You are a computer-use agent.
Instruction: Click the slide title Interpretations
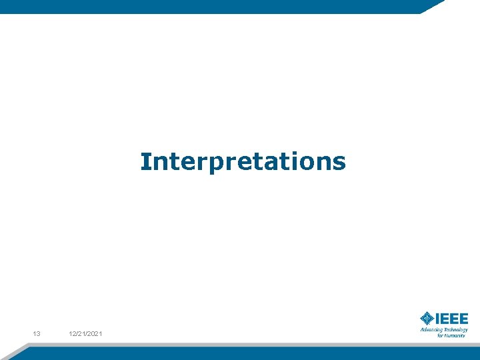pyautogui.click(x=243, y=161)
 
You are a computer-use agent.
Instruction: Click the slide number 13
pyautogui.click(x=37, y=333)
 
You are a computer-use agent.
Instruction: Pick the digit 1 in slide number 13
pyautogui.click(x=35, y=333)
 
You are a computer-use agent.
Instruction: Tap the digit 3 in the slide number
pyautogui.click(x=39, y=333)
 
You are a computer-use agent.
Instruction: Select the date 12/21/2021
pyautogui.click(x=85, y=333)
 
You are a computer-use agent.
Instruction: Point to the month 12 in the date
pyautogui.click(x=72, y=333)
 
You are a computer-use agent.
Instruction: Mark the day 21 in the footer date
pyautogui.click(x=82, y=333)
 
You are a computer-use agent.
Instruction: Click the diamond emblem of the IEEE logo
pyautogui.click(x=427, y=318)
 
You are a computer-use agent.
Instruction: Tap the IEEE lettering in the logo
pyautogui.click(x=451, y=318)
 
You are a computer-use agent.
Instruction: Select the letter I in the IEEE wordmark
pyautogui.click(x=437, y=318)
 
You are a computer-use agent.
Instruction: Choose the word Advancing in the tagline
pyautogui.click(x=431, y=329)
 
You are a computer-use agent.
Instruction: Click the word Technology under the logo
pyautogui.click(x=455, y=329)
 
